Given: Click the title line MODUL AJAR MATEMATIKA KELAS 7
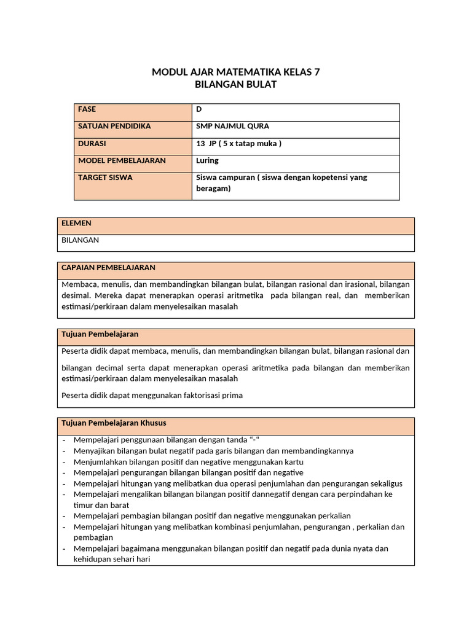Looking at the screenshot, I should click(x=236, y=72).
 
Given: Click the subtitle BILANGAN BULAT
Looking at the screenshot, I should click(x=236, y=84).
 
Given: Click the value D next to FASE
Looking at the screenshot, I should click(x=199, y=109).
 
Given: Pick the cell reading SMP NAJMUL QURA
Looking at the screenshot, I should click(x=232, y=127).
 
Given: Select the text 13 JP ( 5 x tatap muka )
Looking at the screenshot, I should click(x=238, y=144).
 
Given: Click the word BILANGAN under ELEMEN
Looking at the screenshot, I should click(x=81, y=240).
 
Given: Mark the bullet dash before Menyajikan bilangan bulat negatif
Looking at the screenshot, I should click(x=64, y=451).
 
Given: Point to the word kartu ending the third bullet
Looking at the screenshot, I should click(x=294, y=462).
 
